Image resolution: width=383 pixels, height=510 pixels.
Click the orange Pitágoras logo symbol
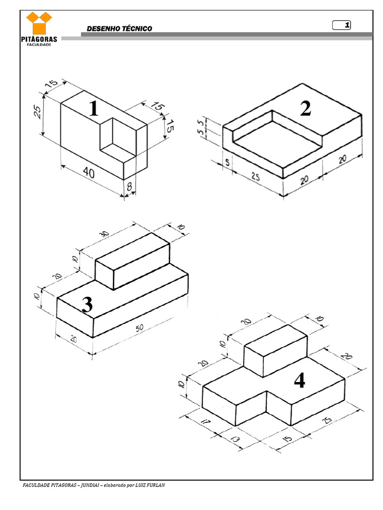pyautogui.click(x=39, y=23)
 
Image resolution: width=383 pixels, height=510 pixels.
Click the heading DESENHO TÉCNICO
pyautogui.click(x=120, y=28)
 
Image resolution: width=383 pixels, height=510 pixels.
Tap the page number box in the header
pyautogui.click(x=341, y=25)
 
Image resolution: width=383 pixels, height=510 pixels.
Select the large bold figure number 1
pyautogui.click(x=93, y=108)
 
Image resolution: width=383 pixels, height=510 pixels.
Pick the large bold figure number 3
pyautogui.click(x=87, y=305)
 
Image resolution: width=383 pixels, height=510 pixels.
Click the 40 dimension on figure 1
pyautogui.click(x=89, y=172)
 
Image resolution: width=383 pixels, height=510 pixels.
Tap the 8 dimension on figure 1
pyautogui.click(x=129, y=186)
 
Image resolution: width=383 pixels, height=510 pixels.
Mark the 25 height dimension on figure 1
pyautogui.click(x=38, y=112)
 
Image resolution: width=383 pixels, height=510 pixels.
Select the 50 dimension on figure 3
pyautogui.click(x=140, y=328)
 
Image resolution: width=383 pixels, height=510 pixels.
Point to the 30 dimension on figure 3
pyautogui.click(x=104, y=234)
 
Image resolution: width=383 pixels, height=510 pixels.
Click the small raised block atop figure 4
pyautogui.click(x=275, y=351)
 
